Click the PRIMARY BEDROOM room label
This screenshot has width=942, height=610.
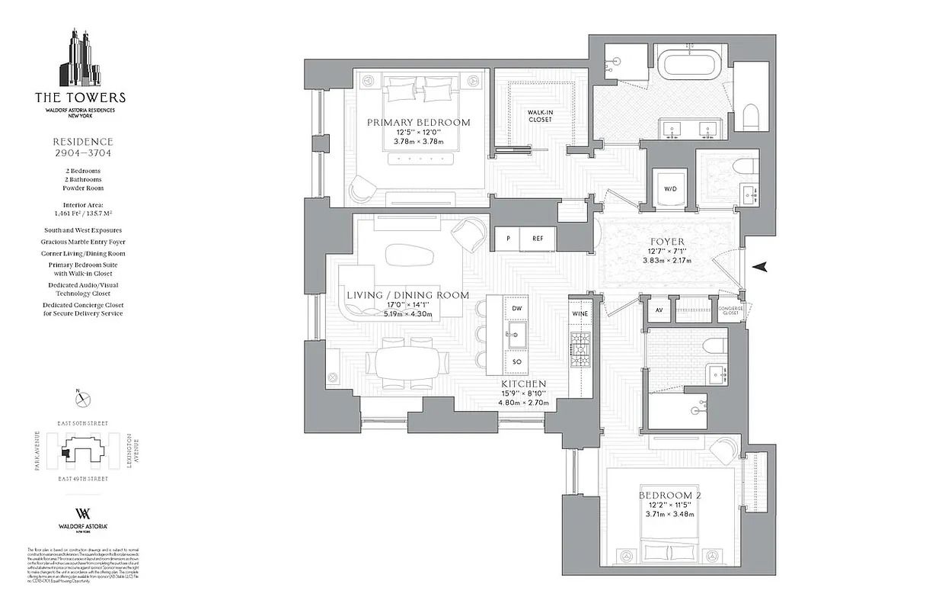tap(418, 122)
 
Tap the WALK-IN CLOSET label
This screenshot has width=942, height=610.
tap(539, 115)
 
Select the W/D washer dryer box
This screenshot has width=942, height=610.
tap(671, 188)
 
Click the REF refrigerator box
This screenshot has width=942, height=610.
tap(538, 239)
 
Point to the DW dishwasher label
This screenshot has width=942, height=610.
tap(516, 308)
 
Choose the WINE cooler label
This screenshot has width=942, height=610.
tap(580, 313)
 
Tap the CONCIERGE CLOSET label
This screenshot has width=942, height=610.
tap(730, 310)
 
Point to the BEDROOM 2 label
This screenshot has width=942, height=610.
tap(670, 496)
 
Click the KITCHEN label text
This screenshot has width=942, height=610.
tap(522, 384)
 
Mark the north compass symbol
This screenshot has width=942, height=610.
tap(83, 398)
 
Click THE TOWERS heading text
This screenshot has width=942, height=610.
tap(80, 98)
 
